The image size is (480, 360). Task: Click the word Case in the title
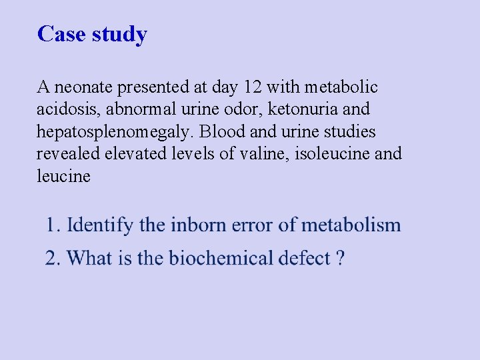[x=62, y=33]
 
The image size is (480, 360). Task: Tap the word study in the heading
[x=119, y=34]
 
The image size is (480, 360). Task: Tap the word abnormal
[x=144, y=109]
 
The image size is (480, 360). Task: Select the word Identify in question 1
[x=100, y=225]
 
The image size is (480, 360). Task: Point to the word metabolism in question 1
[x=351, y=225]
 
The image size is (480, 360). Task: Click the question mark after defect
[x=341, y=258]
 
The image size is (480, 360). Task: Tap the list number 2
[x=51, y=258]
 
